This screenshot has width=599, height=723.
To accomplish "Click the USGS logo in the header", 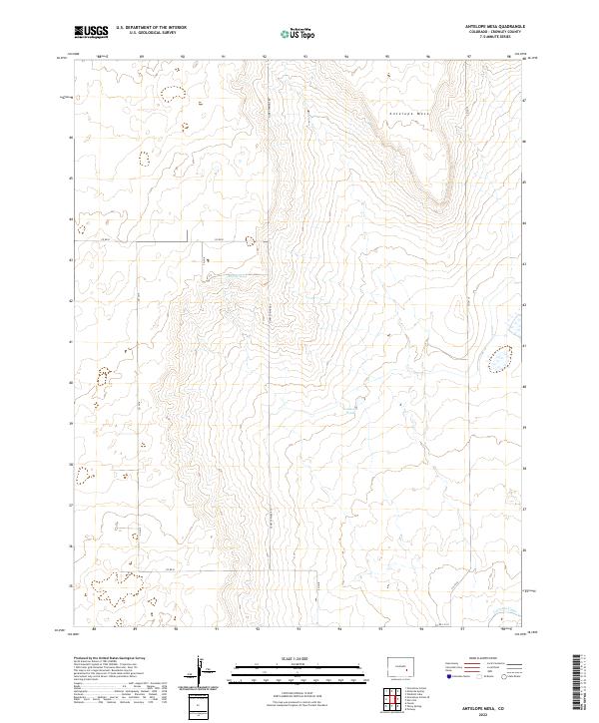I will (x=92, y=33).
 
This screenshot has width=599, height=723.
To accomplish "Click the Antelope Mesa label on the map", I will (x=409, y=114).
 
